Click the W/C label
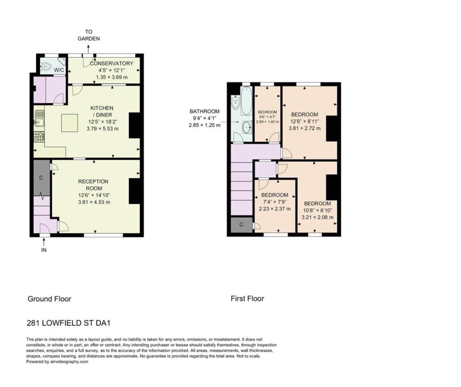click(x=59, y=70)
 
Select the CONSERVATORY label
click(x=112, y=63)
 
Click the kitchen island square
click(x=70, y=123)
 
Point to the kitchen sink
click(x=39, y=117)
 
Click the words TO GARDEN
click(x=89, y=35)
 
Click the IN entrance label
click(x=44, y=250)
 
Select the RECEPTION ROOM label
click(x=93, y=184)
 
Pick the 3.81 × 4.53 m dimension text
click(x=94, y=202)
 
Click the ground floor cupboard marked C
click(x=41, y=178)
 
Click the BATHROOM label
click(x=205, y=111)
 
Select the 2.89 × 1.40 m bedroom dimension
click(x=267, y=122)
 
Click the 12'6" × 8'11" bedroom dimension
click(x=305, y=121)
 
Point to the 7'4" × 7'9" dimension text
click(x=275, y=202)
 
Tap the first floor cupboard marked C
click(x=241, y=225)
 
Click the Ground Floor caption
click(x=50, y=299)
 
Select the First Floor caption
click(x=247, y=299)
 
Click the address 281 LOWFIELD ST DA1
click(x=68, y=323)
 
